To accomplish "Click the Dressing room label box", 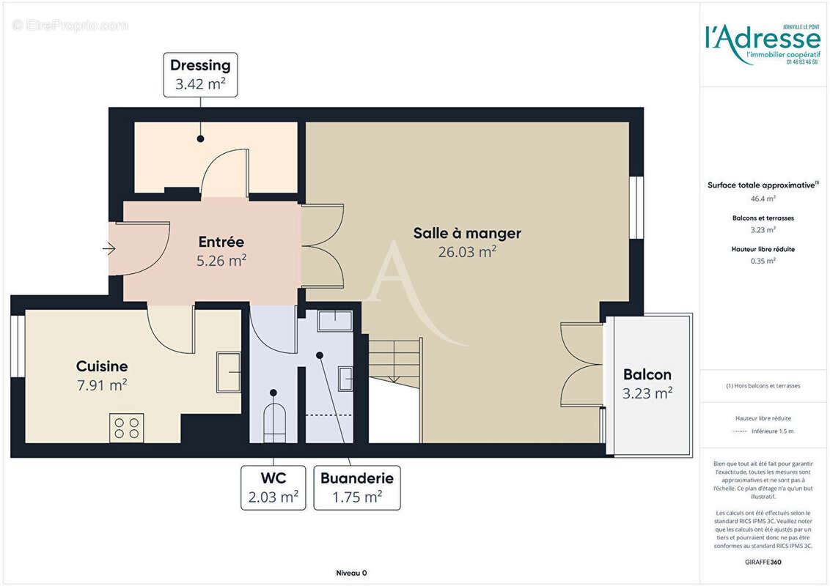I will [200, 74].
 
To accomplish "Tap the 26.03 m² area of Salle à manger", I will [466, 252].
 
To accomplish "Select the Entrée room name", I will [221, 241].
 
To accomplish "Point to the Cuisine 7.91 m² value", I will [102, 385].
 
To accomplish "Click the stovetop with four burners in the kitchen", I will [126, 428].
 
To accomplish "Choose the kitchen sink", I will [229, 372].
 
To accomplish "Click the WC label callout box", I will [273, 488].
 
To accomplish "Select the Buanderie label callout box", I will [357, 488].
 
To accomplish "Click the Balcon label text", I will [647, 374].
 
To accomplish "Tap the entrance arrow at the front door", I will [109, 249].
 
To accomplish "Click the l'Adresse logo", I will [763, 40].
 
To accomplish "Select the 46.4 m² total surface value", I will [763, 198].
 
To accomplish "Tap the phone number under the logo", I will [802, 62].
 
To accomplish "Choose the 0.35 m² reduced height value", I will [763, 260].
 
